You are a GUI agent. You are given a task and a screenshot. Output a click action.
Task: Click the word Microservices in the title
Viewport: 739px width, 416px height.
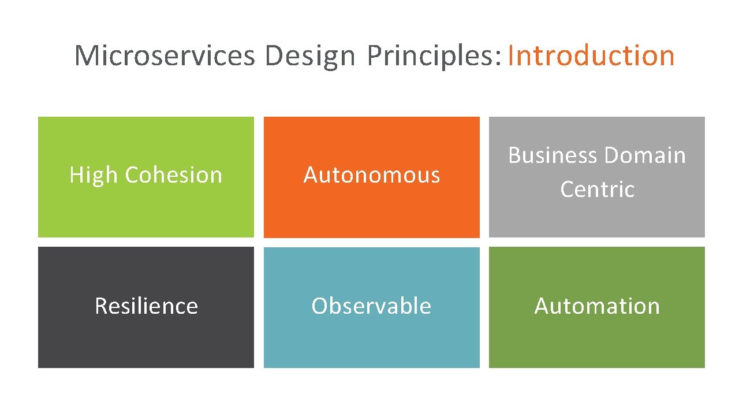[164, 56]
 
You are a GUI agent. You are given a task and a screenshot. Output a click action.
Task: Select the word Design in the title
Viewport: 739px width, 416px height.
[309, 56]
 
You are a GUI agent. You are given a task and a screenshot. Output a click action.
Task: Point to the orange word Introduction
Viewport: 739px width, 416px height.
[591, 56]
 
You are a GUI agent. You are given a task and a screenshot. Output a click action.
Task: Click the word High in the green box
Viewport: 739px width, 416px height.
[93, 175]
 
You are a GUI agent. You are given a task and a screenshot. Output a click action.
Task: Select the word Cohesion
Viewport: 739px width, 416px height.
[173, 175]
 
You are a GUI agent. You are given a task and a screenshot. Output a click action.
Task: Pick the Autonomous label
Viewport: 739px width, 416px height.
[372, 175]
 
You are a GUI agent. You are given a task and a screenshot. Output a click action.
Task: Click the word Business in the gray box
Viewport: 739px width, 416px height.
[553, 155]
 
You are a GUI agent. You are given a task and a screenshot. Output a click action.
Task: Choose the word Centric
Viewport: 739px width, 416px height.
[597, 190]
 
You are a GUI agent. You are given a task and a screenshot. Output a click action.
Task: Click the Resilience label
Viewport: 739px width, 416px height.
[146, 306]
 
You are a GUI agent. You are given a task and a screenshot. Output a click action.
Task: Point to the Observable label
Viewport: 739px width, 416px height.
[371, 306]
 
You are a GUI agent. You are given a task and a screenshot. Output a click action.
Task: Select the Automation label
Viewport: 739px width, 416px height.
[597, 306]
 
